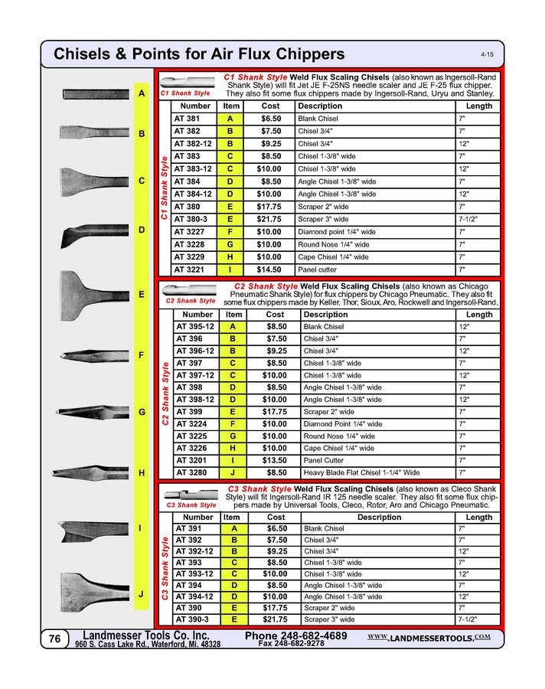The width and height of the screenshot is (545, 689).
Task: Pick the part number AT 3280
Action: point(191,473)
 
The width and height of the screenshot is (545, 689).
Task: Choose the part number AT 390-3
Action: point(192,619)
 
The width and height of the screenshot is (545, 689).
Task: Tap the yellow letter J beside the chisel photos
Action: point(141,594)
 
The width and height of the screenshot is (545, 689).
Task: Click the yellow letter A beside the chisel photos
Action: point(141,93)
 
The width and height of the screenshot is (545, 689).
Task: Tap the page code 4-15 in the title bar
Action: point(486,55)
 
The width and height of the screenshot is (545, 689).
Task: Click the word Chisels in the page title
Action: point(83,54)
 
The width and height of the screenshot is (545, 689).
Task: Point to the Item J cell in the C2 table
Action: point(232,473)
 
